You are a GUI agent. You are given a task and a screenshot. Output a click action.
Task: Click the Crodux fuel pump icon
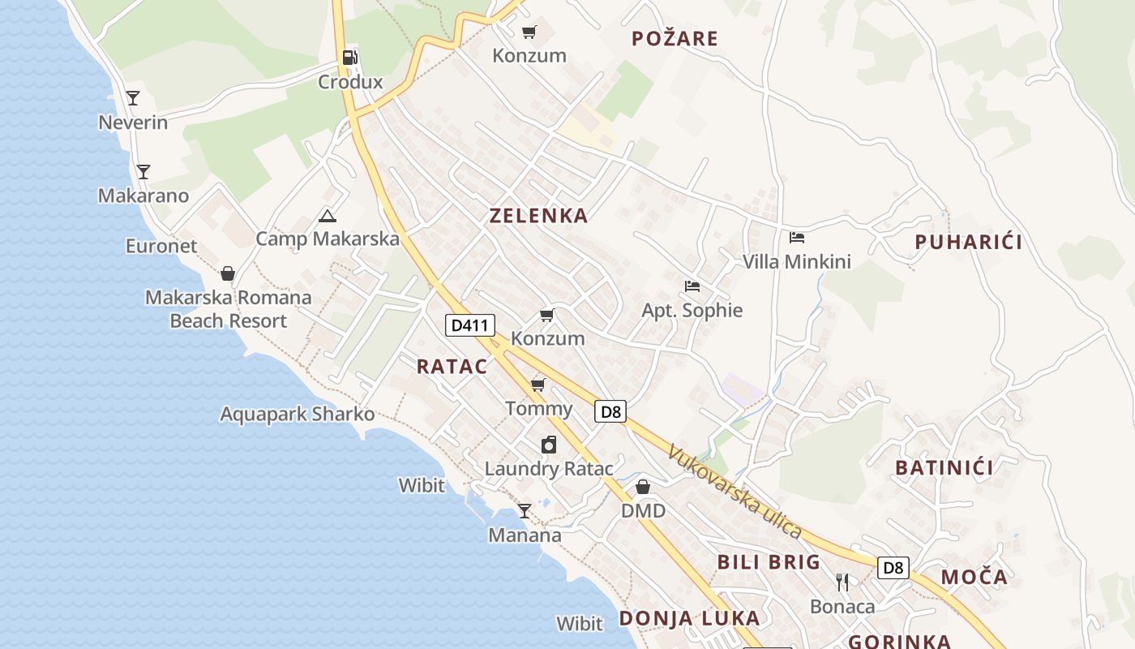tap(350, 58)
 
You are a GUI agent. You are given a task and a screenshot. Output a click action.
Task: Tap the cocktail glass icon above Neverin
tap(133, 98)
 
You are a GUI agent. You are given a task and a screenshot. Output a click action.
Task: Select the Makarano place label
tap(143, 196)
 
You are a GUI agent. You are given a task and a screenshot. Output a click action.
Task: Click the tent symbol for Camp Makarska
tap(327, 216)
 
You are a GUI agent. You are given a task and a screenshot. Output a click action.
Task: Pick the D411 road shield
tap(470, 325)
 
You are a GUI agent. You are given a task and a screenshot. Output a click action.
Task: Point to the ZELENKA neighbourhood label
tap(538, 216)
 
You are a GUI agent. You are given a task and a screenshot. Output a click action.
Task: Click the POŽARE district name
tap(675, 38)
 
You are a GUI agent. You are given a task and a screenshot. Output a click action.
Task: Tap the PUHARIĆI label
tap(969, 242)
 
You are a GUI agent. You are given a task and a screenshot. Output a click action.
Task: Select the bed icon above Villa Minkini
tap(797, 238)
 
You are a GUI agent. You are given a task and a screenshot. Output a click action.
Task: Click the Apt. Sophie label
tap(692, 310)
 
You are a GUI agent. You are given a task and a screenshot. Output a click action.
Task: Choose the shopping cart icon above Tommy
tap(538, 385)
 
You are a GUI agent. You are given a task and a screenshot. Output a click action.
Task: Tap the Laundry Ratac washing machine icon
tap(549, 445)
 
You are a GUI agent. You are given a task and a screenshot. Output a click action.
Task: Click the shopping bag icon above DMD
tap(643, 487)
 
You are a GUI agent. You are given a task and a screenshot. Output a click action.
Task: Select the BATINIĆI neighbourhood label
tap(944, 467)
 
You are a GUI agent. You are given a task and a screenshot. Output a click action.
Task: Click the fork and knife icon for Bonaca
tap(842, 582)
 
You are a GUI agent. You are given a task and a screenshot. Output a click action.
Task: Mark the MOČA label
tap(974, 578)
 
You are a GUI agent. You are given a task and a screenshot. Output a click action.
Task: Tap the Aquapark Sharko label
tap(298, 415)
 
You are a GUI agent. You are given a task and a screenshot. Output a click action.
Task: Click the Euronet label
tap(161, 246)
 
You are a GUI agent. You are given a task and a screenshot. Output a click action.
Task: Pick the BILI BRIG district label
tap(769, 562)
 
